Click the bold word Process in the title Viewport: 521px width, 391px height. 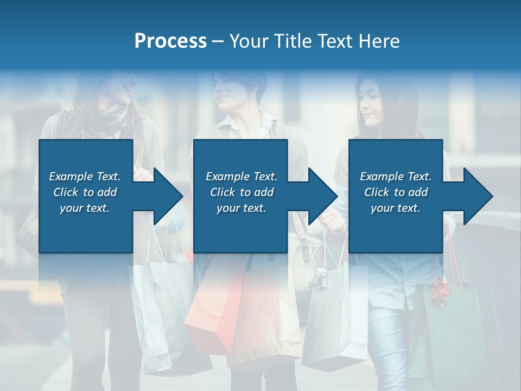[170, 41]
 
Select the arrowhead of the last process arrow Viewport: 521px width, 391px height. [478, 196]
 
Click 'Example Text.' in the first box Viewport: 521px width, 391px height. [85, 176]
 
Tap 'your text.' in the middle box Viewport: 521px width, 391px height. [241, 208]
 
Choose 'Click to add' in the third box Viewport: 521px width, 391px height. [396, 192]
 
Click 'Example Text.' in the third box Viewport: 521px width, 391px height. [396, 176]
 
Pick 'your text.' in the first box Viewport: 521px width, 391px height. [85, 208]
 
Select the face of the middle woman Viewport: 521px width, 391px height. [231, 92]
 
